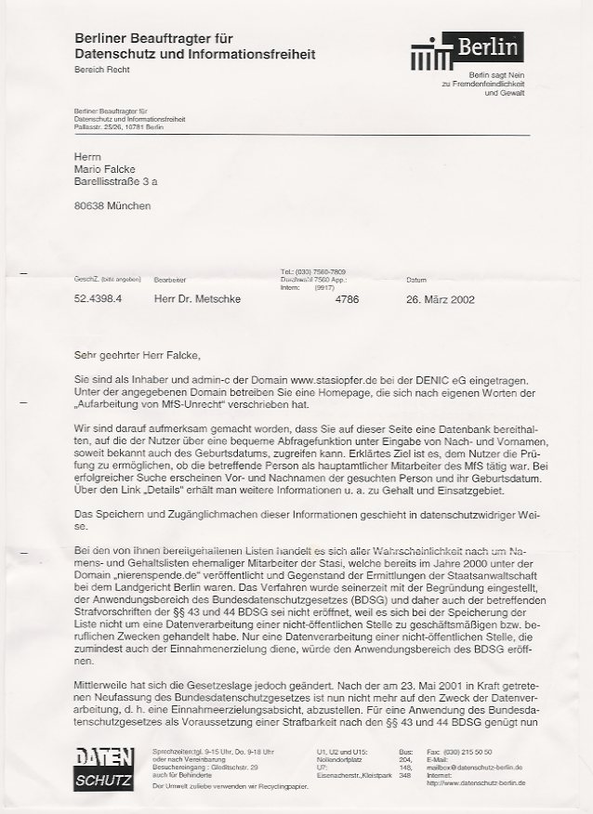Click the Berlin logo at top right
click(468, 50)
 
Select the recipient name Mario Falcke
click(105, 170)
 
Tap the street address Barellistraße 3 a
click(116, 183)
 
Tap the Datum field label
click(416, 279)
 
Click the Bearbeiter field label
click(171, 279)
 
